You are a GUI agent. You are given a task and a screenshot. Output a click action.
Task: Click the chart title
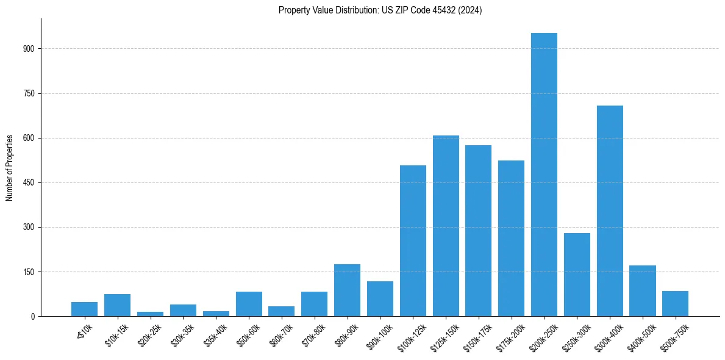[380, 10]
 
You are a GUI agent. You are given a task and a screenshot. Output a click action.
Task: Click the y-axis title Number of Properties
[10, 167]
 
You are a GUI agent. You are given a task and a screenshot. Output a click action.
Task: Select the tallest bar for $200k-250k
[544, 175]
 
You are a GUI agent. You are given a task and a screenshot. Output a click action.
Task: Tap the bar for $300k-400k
[610, 211]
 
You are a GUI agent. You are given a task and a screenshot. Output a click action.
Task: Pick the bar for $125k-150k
[446, 226]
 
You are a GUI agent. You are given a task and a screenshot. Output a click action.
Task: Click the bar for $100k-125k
[413, 240]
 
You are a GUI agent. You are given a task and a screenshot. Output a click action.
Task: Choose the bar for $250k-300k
[577, 275]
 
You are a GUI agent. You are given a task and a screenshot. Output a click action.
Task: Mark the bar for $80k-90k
[347, 290]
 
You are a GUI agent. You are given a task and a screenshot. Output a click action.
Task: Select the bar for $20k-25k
[150, 314]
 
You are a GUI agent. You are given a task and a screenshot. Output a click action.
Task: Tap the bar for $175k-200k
[511, 238]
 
